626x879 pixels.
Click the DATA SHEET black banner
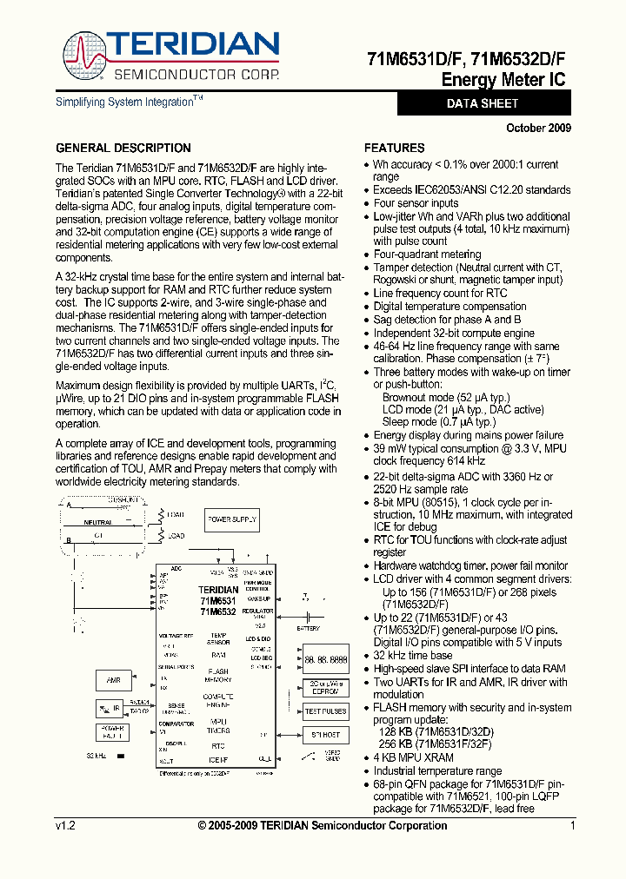[483, 103]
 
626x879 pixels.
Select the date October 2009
[538, 128]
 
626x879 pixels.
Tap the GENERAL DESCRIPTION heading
[123, 148]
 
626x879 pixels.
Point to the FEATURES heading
[394, 148]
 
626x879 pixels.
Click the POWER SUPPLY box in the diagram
[232, 519]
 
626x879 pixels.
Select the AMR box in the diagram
[113, 680]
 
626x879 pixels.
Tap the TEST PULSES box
[326, 711]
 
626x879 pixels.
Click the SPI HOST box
[326, 735]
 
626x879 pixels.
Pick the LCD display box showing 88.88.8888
[326, 658]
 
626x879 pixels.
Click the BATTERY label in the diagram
[309, 628]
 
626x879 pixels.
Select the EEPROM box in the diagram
[326, 686]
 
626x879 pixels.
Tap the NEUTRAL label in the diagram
[97, 523]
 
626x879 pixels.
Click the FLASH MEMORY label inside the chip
[218, 675]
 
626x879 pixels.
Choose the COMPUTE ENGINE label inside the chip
[218, 700]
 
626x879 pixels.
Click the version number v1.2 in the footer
[65, 826]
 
